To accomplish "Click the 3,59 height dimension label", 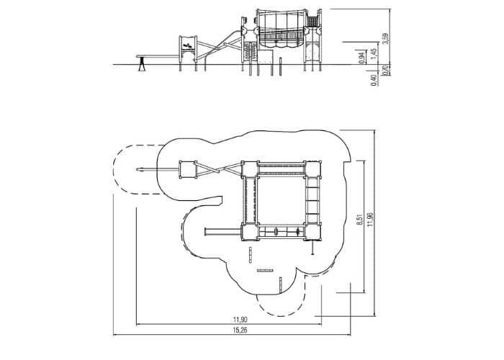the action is tap(386, 38).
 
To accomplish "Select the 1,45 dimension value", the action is tap(373, 54).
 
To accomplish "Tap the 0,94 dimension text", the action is tap(362, 57).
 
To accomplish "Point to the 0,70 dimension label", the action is tap(387, 70).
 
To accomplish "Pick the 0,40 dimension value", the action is tap(374, 80).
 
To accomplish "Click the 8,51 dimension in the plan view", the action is tap(360, 220).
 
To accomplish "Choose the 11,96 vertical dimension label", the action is tap(371, 220).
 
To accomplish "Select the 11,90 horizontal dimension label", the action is tap(240, 320).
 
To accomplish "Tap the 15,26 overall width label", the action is tap(240, 330).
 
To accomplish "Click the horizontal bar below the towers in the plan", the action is tap(265, 271).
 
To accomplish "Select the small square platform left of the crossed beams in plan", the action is tap(188, 169).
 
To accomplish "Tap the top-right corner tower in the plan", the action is tap(313, 169).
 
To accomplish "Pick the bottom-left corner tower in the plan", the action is tap(250, 231).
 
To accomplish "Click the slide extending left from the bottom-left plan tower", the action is tap(223, 231).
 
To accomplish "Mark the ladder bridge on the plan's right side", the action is tap(312, 200).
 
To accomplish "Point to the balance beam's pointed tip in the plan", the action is tap(138, 169).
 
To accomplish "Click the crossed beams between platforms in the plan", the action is tap(218, 169).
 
